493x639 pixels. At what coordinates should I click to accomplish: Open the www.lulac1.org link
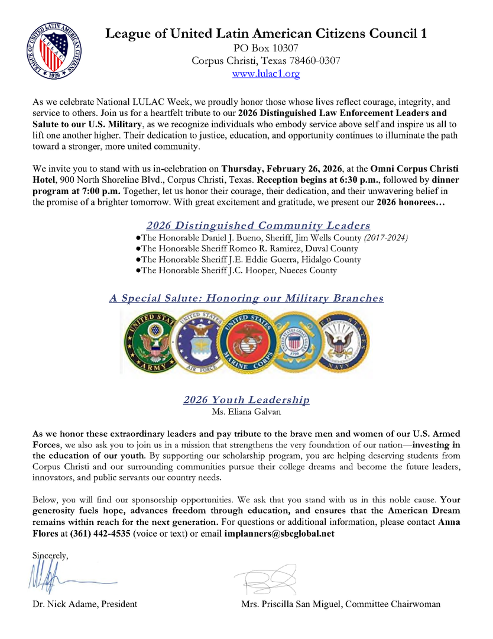tap(266, 74)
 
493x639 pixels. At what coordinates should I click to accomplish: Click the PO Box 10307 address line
tap(266, 48)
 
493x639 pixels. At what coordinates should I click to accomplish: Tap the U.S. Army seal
tap(151, 342)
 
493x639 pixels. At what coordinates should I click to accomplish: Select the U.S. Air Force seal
tap(201, 342)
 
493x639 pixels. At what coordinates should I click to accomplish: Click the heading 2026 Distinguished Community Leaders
tap(258, 225)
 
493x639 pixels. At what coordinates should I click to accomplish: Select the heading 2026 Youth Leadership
tap(246, 400)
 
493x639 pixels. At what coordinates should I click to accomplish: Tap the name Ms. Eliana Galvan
tap(246, 411)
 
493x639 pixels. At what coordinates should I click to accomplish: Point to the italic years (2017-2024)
tap(386, 238)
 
